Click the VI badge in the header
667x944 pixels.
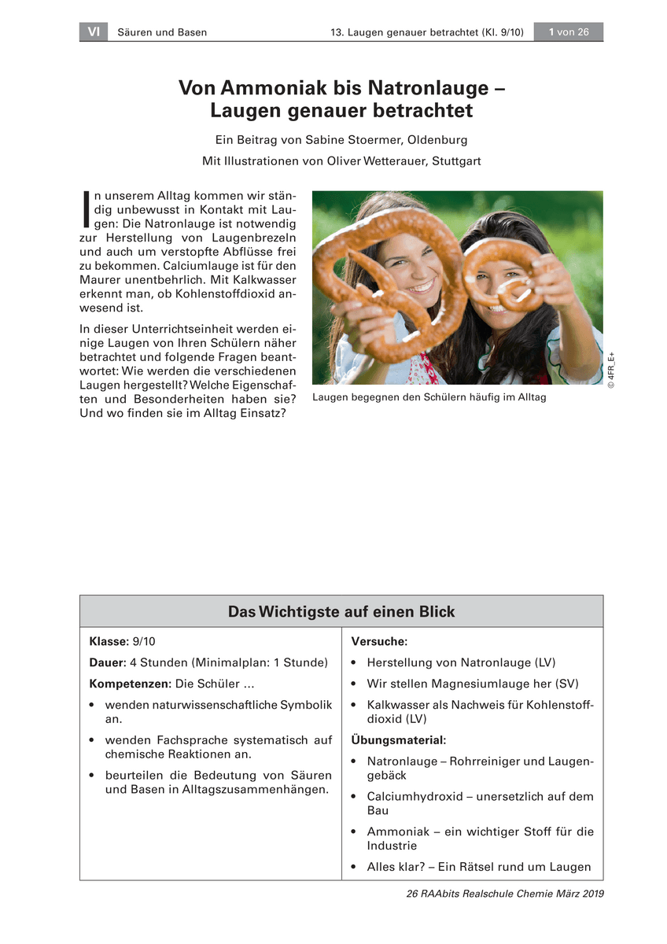94,32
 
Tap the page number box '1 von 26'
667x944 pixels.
569,32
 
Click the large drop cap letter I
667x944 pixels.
86,209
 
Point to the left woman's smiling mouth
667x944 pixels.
420,284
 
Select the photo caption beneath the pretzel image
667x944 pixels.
429,398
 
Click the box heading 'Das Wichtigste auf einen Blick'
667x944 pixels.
341,612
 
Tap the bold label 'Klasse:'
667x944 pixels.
109,642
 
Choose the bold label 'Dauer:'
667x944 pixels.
108,663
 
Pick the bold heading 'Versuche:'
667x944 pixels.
379,642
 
